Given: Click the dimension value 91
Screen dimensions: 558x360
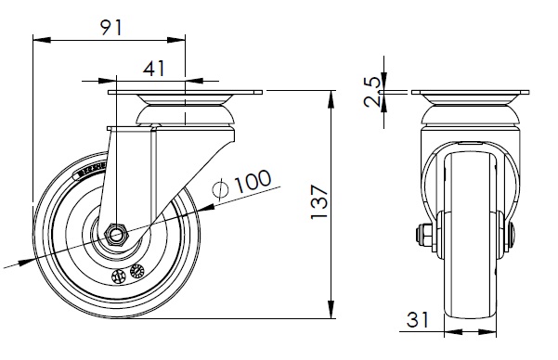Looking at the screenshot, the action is [x=111, y=28].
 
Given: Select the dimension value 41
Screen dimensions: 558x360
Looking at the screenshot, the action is [x=154, y=69].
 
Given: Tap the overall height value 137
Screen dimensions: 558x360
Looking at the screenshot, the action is [x=319, y=202].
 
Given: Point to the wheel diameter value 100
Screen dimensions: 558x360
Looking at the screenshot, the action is [x=253, y=181].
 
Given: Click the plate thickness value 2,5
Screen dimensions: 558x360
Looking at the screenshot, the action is [x=373, y=92].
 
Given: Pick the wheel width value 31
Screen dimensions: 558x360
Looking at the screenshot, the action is [x=418, y=319].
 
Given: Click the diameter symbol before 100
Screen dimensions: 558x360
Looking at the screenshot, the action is [x=221, y=188].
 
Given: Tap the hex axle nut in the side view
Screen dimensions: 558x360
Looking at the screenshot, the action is [x=116, y=234].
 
